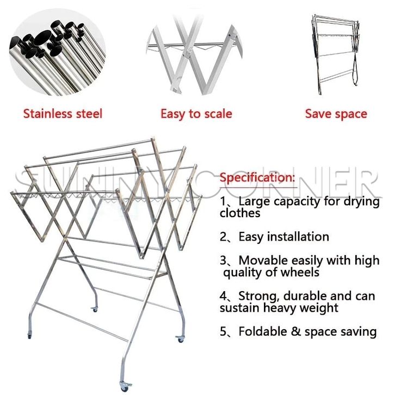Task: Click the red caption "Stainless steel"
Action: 63,114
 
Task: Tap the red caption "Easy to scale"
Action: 196,114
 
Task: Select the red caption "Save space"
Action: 336,114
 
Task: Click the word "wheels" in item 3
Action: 301,273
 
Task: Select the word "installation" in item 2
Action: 298,237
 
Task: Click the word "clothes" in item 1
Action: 240,213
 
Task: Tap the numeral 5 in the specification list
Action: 223,331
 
